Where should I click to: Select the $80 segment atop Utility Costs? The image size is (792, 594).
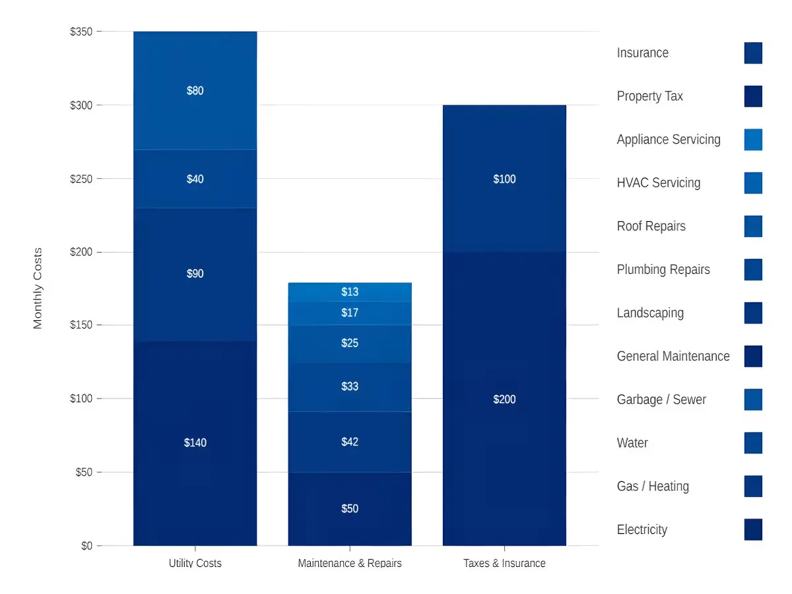195,90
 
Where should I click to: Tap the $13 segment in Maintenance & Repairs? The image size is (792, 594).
350,292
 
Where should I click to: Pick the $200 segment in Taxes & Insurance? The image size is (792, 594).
504,399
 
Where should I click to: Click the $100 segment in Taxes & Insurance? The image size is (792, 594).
504,179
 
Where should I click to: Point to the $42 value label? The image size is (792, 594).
350,442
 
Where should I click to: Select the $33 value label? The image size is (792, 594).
350,386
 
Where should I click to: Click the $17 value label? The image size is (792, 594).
350,313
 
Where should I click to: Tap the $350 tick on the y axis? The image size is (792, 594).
81,32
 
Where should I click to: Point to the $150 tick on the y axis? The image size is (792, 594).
81,325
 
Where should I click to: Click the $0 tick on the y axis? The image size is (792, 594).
86,546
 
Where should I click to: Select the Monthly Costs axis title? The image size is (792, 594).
38,288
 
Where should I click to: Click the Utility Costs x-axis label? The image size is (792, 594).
195,563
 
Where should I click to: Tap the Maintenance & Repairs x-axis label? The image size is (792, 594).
350,563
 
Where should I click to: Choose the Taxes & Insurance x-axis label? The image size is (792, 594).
504,563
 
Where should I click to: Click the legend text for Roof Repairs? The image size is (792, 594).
651,226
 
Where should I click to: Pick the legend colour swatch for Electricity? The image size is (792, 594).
753,529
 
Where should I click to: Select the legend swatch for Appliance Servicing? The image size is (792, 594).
753,139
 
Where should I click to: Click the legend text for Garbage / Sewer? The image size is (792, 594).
661,400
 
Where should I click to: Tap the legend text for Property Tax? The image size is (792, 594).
649,96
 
